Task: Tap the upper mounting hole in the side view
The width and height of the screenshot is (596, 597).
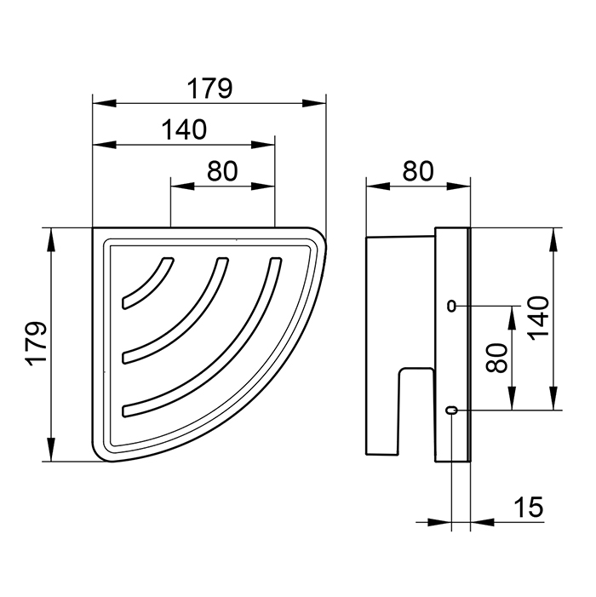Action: point(451,306)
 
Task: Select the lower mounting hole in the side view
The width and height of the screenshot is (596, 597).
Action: point(452,410)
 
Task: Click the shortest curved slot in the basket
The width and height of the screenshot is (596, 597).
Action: point(147,283)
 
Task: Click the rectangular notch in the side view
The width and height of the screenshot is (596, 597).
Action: point(416,411)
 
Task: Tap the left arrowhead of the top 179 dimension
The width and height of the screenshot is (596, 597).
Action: point(104,103)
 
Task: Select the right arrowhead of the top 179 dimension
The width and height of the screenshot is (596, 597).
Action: point(314,103)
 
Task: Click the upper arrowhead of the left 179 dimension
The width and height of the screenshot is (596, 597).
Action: point(50,239)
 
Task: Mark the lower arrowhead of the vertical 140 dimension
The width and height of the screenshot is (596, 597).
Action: point(553,399)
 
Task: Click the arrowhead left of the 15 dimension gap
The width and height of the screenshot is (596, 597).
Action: point(439,522)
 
